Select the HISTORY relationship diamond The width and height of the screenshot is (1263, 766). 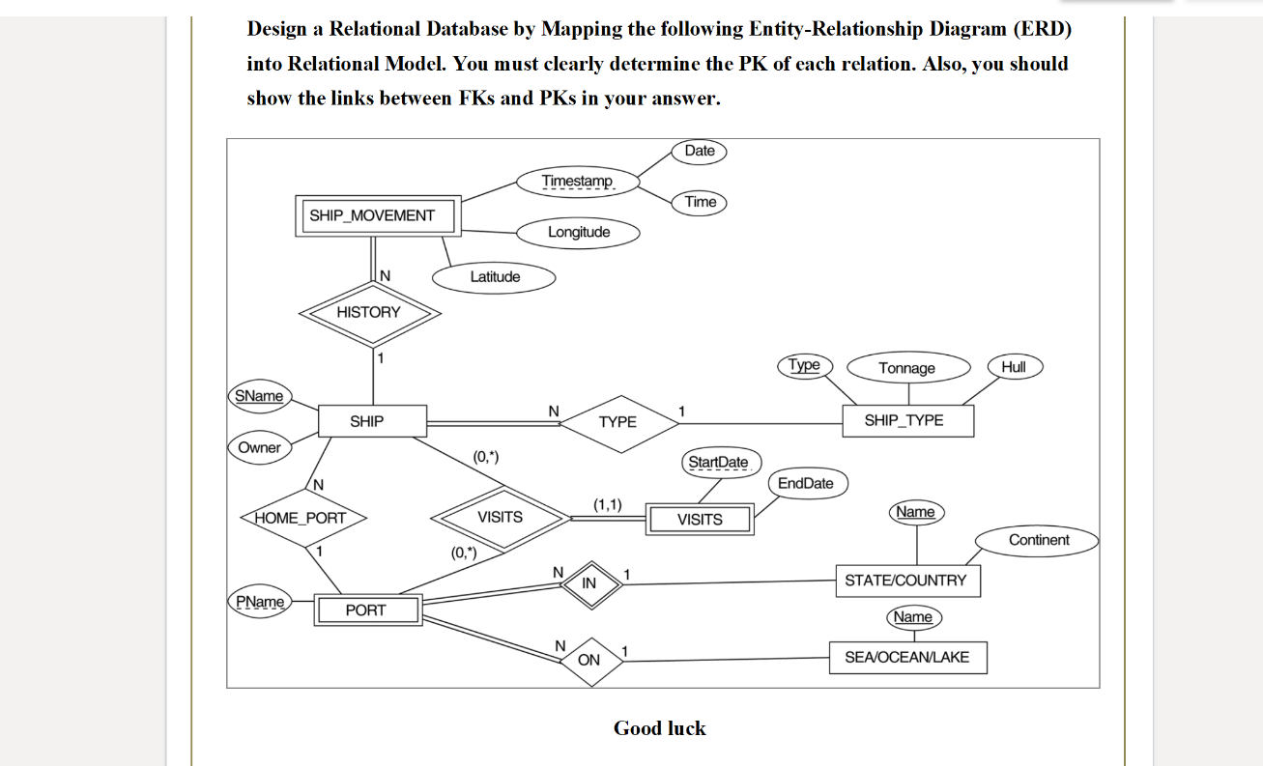pos(368,312)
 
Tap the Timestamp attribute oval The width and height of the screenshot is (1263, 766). pos(577,182)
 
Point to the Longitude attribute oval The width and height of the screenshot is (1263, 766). pos(579,232)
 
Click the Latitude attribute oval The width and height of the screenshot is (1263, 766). pos(494,277)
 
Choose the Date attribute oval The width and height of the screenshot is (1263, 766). pos(699,151)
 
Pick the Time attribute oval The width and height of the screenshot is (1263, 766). pos(700,202)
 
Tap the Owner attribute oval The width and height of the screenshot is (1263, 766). pos(259,447)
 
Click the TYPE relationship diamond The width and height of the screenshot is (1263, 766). pos(617,422)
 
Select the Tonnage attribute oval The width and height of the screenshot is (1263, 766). pos(906,368)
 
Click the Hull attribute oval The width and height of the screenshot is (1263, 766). pos(1014,366)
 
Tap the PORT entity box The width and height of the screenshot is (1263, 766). pos(365,610)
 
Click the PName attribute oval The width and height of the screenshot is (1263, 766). pos(260,602)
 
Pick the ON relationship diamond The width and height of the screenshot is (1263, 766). pos(588,661)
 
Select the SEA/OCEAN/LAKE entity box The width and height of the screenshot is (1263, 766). pos(907,657)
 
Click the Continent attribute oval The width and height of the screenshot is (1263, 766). pos(1037,540)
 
